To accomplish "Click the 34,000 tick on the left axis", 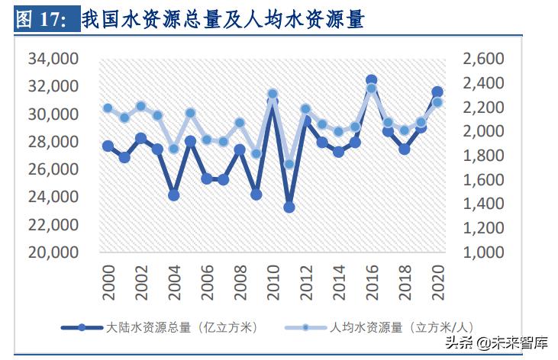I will (x=53, y=59).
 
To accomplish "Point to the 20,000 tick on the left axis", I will (x=53, y=252).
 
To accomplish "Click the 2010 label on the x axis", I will (x=273, y=281).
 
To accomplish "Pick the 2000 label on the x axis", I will (x=108, y=281).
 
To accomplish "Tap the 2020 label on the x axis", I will (x=438, y=281).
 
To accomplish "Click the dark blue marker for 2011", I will (x=289, y=207).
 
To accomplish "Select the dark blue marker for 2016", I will (x=372, y=80).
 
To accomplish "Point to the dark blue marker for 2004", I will (x=174, y=195).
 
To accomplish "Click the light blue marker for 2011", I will (x=289, y=164).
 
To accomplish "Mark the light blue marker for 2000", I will (x=108, y=108).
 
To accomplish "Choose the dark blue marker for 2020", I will (x=437, y=92).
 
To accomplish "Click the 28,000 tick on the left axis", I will (x=53, y=142).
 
